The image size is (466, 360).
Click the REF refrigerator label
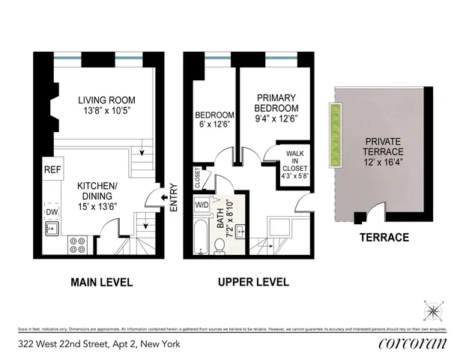(52, 170)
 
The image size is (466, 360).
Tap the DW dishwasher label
(52, 212)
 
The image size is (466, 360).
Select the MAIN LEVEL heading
(102, 283)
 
